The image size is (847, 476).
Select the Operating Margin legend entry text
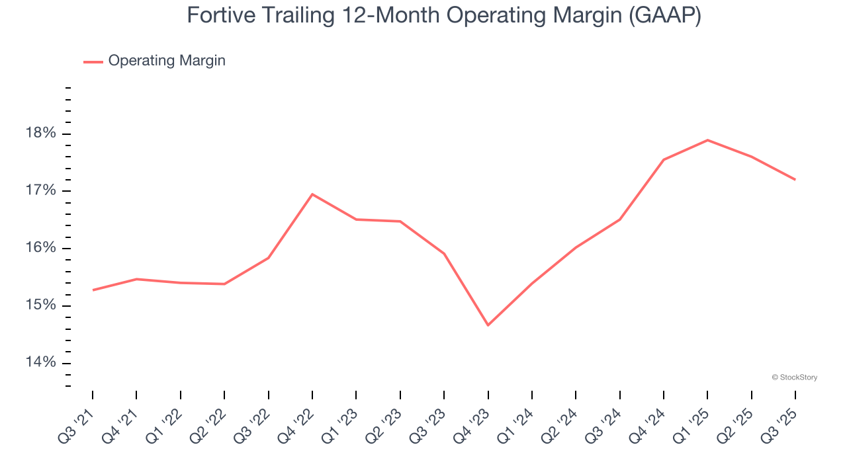coord(167,61)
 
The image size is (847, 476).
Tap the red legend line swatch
coord(93,61)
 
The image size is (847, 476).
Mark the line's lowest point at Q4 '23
coord(488,325)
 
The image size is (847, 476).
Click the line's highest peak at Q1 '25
coord(707,140)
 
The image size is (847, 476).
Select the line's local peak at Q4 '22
coord(312,194)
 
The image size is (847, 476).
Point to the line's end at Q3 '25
coord(795,179)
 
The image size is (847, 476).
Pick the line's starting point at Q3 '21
coord(93,290)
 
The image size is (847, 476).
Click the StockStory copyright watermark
coord(795,377)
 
